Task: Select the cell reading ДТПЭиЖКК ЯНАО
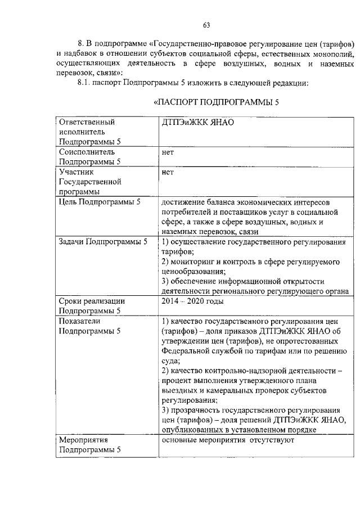197,121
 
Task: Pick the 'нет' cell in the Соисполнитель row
168,152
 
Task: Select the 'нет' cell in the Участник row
168,173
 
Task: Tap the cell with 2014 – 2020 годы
192,301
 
